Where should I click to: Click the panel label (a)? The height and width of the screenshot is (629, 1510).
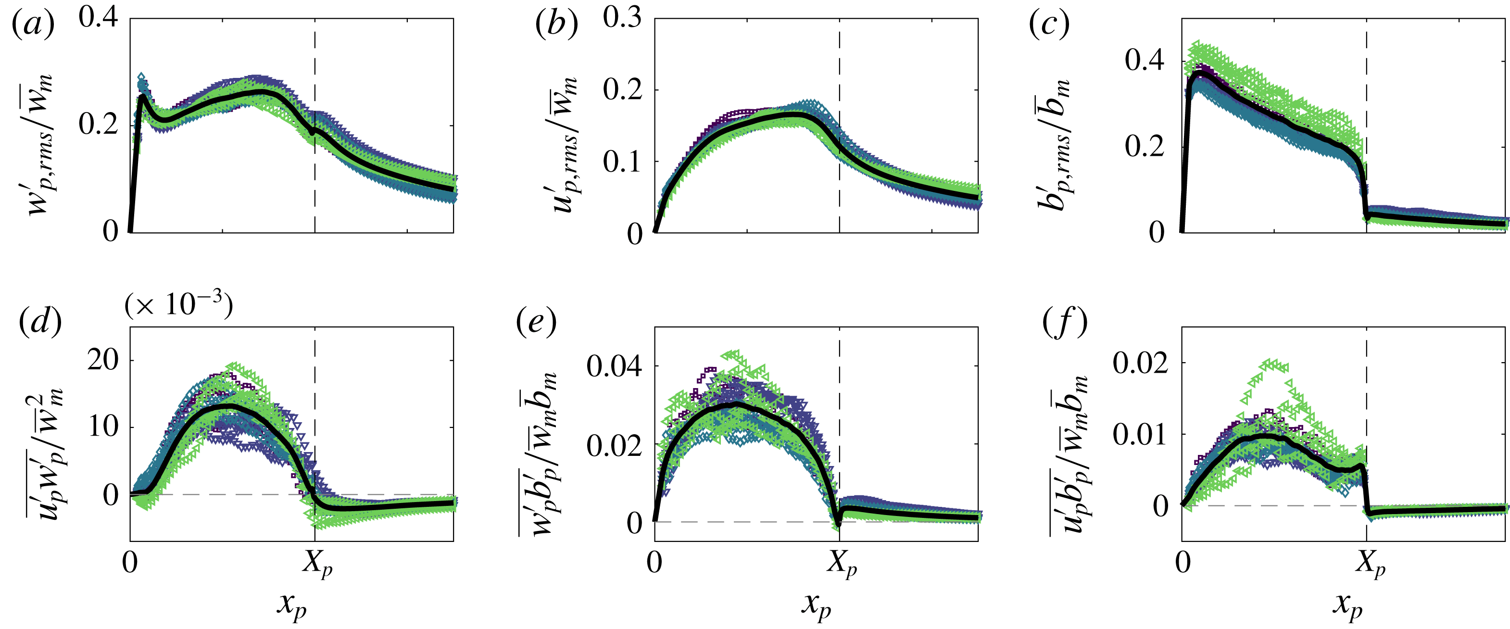(33, 25)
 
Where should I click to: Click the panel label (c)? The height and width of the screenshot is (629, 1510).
(1049, 25)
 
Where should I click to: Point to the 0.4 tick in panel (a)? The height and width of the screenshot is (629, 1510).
(99, 18)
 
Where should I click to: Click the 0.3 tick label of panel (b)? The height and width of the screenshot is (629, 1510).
(623, 18)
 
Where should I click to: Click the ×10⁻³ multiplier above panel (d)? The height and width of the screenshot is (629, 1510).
(179, 305)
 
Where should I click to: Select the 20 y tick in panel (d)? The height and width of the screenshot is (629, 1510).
(103, 359)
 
